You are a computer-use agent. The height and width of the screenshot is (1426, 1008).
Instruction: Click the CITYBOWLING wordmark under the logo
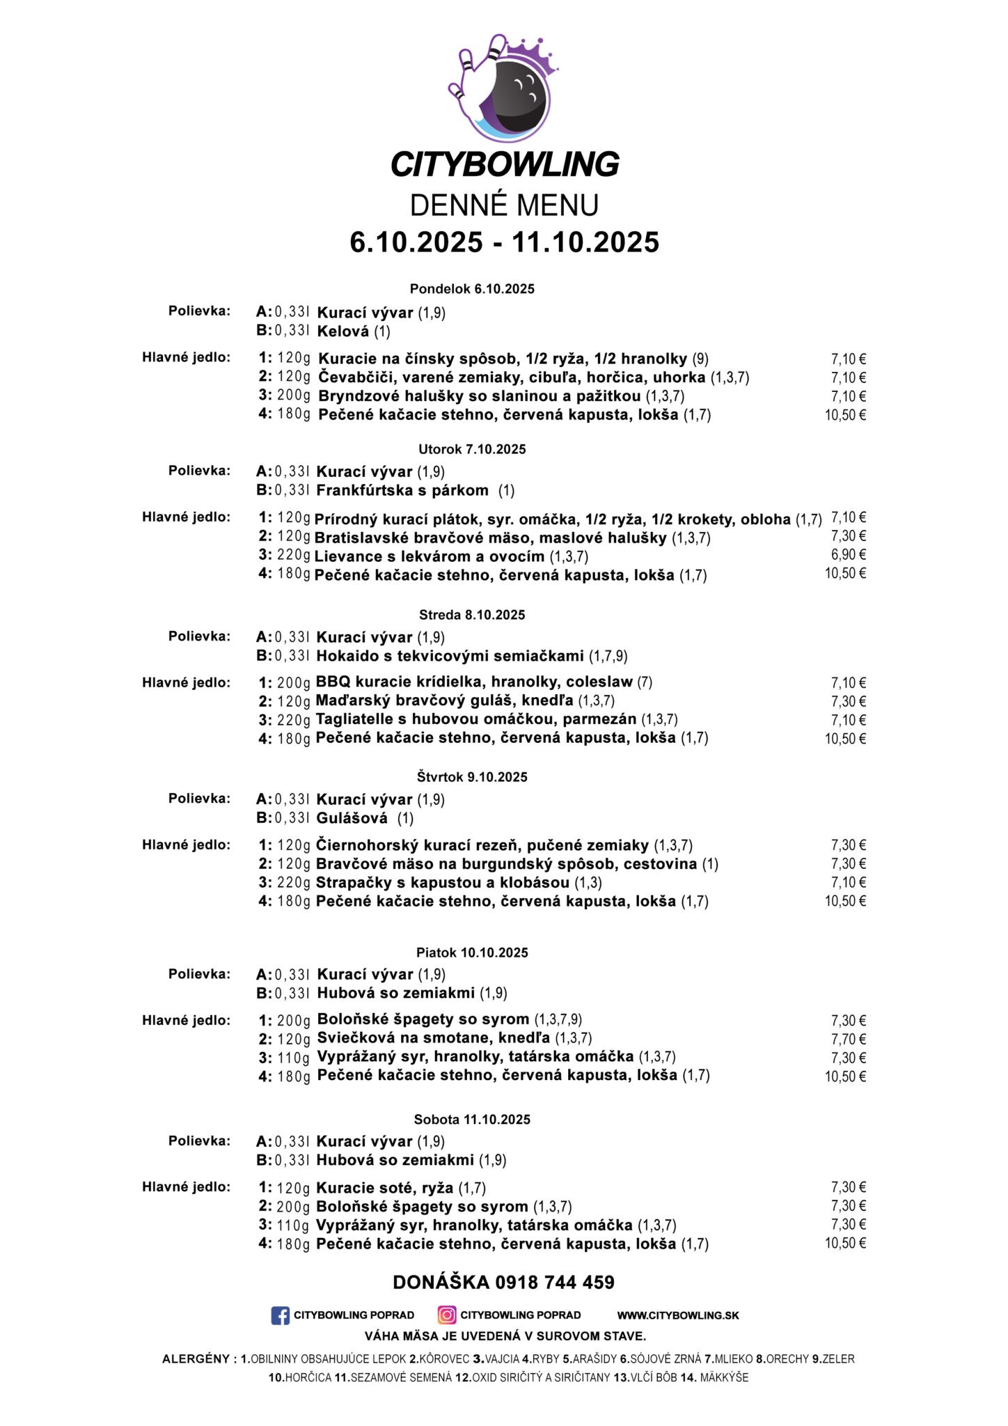504,164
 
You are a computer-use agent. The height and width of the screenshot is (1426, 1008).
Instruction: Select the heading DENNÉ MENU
504,205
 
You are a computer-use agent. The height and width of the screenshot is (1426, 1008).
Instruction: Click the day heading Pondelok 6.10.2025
472,289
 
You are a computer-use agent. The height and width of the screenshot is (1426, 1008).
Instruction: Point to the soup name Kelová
342,331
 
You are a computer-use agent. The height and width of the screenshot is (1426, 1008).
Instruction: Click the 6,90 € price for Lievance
848,555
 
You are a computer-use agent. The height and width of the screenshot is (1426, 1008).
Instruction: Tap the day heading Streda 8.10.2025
472,615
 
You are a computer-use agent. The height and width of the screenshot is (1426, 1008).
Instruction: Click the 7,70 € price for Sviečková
848,1040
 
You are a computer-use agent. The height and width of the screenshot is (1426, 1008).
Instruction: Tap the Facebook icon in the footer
280,1315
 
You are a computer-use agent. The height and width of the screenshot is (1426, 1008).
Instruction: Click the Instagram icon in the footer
447,1315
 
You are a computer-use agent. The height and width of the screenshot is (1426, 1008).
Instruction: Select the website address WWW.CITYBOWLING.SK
677,1315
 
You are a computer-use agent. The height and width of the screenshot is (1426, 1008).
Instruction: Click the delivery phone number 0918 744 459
554,1283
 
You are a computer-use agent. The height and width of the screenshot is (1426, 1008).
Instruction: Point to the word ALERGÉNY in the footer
195,1358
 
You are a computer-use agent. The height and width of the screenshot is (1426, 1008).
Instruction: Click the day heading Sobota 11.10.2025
472,1120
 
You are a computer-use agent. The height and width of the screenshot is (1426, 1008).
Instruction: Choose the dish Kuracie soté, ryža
384,1188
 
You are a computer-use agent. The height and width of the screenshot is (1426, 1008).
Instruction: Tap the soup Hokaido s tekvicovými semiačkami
450,656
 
